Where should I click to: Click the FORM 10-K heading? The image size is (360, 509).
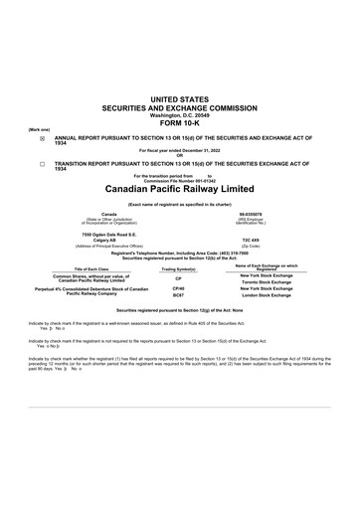[179, 122]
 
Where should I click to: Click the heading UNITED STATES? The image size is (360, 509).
[179, 99]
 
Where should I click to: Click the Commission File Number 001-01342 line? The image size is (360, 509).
[179, 179]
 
